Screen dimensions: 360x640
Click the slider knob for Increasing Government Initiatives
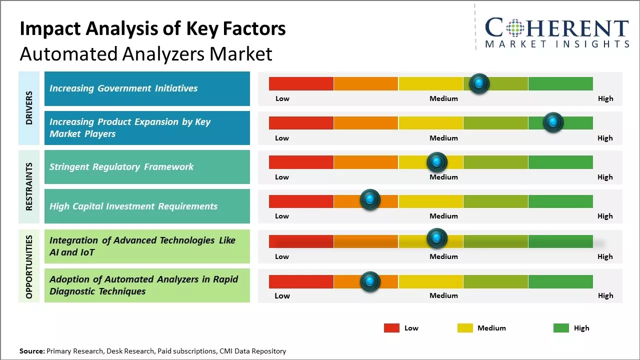pyautogui.click(x=479, y=83)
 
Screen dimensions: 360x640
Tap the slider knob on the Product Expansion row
pyautogui.click(x=553, y=122)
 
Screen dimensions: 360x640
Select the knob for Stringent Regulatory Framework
pyautogui.click(x=437, y=162)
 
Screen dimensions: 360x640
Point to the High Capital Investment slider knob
pyautogui.click(x=370, y=200)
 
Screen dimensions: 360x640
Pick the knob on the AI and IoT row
pyautogui.click(x=437, y=238)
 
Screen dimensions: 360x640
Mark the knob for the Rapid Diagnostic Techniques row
pyautogui.click(x=370, y=281)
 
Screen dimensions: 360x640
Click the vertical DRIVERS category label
pyautogui.click(x=29, y=107)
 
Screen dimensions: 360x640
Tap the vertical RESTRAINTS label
pyautogui.click(x=29, y=186)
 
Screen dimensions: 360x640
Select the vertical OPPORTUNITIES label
pyautogui.click(x=29, y=266)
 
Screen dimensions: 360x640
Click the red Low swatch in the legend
pyautogui.click(x=391, y=328)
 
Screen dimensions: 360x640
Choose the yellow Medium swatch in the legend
pyautogui.click(x=465, y=328)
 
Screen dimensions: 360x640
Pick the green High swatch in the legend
pyautogui.click(x=561, y=328)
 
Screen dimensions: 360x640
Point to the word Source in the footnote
pyautogui.click(x=32, y=351)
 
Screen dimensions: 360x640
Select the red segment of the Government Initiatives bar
pyautogui.click(x=301, y=83)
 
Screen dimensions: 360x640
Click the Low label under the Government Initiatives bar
pyautogui.click(x=282, y=98)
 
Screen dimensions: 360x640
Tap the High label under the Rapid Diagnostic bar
pyautogui.click(x=605, y=295)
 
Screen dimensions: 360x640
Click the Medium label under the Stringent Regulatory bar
pyautogui.click(x=443, y=177)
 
